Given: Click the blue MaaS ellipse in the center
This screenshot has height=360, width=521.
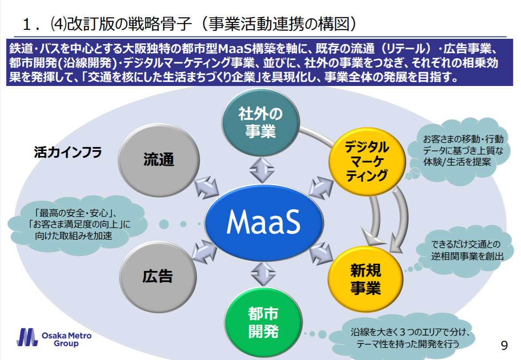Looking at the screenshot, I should (x=263, y=221).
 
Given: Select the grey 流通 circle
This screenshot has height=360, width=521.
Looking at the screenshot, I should (x=159, y=160).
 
